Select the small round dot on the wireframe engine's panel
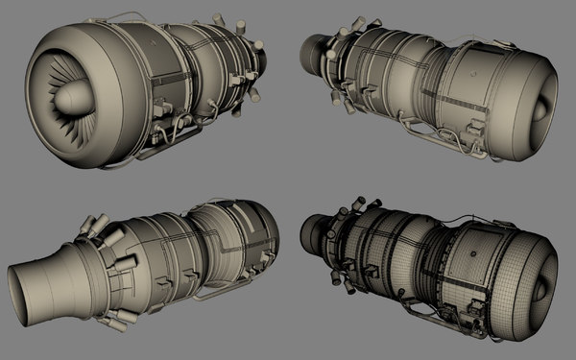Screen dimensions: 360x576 pos(471,252)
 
